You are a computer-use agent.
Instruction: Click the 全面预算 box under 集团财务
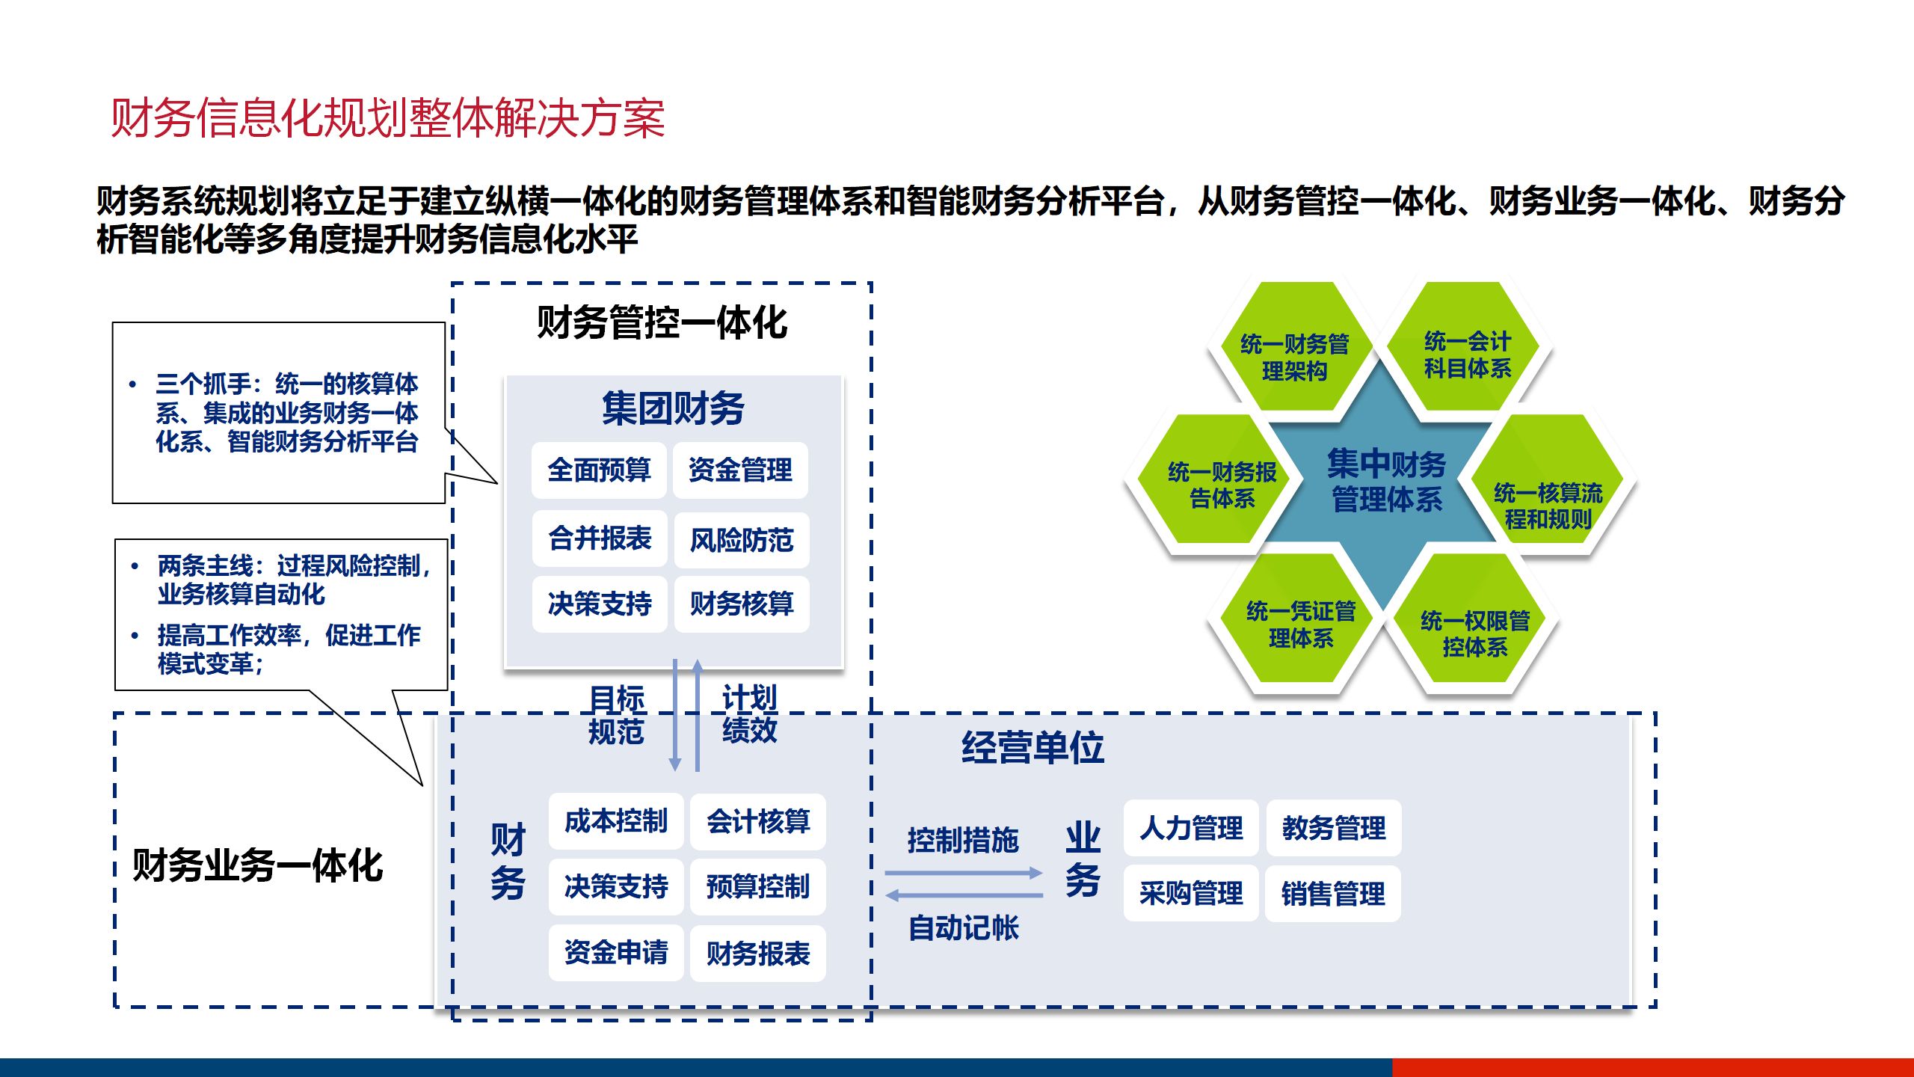tap(599, 470)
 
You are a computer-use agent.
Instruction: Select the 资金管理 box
tap(740, 470)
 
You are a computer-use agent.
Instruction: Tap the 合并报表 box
tap(599, 538)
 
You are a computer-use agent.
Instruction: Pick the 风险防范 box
tap(741, 540)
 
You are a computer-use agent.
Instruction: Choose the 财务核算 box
tap(741, 604)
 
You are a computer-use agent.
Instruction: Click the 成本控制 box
tap(615, 821)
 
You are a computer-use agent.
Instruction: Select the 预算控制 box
tap(757, 887)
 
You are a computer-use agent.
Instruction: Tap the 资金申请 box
tap(615, 953)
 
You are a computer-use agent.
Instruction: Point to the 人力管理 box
tap(1191, 829)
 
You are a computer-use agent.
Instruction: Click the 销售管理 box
tap(1332, 894)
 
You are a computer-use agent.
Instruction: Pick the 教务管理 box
tap(1333, 829)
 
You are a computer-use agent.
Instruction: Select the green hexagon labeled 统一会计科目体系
tap(1467, 354)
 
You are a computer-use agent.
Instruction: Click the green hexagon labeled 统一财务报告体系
tap(1222, 485)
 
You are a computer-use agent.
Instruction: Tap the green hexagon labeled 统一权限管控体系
tap(1474, 633)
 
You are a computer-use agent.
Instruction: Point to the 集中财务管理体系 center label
tap(1386, 481)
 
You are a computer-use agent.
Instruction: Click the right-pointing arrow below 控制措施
tap(963, 873)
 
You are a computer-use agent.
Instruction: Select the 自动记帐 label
tap(963, 928)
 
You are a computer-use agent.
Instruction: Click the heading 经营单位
tap(1033, 747)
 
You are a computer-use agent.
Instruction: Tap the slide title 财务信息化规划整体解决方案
tap(388, 118)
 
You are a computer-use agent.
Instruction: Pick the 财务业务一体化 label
tap(257, 866)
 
